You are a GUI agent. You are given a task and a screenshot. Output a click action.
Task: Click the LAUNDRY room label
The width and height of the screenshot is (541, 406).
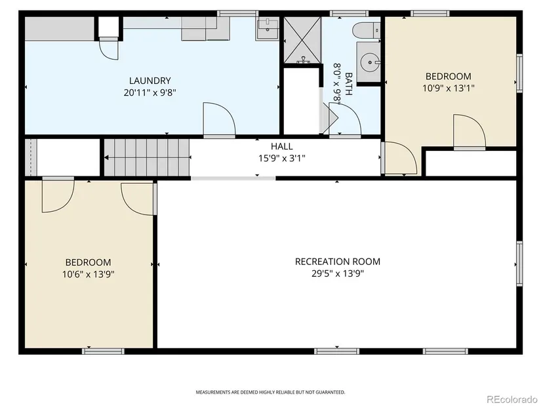pos(150,81)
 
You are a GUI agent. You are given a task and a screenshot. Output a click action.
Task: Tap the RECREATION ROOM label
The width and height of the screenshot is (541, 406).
pos(338,262)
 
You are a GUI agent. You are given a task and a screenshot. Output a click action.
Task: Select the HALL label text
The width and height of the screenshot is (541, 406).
pos(281,146)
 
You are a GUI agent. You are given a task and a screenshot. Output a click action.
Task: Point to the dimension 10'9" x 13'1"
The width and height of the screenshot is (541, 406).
pos(448,89)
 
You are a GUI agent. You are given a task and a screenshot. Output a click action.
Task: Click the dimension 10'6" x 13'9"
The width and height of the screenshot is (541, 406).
pos(89,274)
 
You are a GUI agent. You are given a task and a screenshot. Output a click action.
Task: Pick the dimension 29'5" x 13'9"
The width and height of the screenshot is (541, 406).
pos(338,274)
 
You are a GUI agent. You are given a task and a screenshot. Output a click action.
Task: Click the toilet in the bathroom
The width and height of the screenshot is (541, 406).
pos(366,30)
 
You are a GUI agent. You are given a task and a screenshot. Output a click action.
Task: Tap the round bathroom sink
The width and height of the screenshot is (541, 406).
pos(370,62)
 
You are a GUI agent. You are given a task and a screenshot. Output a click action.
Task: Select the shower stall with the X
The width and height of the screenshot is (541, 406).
pos(302,40)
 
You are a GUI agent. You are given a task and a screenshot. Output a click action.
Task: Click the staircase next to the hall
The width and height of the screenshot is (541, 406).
pos(147,157)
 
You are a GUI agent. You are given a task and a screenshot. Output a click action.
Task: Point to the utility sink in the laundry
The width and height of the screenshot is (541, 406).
pos(268,29)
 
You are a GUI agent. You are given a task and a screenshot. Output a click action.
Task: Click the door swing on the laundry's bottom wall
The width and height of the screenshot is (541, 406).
pos(220,119)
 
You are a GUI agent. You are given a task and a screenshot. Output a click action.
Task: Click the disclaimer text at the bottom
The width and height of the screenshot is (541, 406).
pos(270,392)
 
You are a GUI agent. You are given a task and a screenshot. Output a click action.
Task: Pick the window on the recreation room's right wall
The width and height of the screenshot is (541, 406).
pos(519,264)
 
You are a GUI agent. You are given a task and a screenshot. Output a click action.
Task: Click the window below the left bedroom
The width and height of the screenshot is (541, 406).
pos(103,351)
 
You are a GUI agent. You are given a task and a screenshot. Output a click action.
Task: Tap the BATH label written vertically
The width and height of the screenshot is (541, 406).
pos(348,84)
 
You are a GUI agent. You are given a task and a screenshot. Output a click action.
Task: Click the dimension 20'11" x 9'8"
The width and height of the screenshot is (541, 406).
pos(150,93)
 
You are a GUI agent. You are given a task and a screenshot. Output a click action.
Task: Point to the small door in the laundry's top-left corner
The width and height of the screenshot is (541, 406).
pos(109,49)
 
